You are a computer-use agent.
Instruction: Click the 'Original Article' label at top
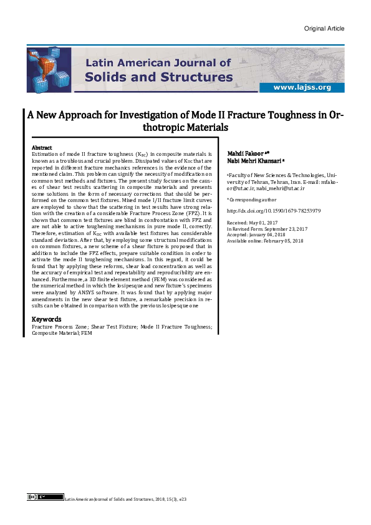click(x=324, y=29)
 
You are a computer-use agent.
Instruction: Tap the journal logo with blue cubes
click(x=49, y=70)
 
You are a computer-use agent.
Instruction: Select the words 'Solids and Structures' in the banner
click(x=158, y=77)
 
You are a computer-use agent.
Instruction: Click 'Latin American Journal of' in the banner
click(x=158, y=62)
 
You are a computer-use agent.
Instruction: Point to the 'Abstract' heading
click(x=42, y=147)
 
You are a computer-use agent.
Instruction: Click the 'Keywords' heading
click(x=46, y=320)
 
